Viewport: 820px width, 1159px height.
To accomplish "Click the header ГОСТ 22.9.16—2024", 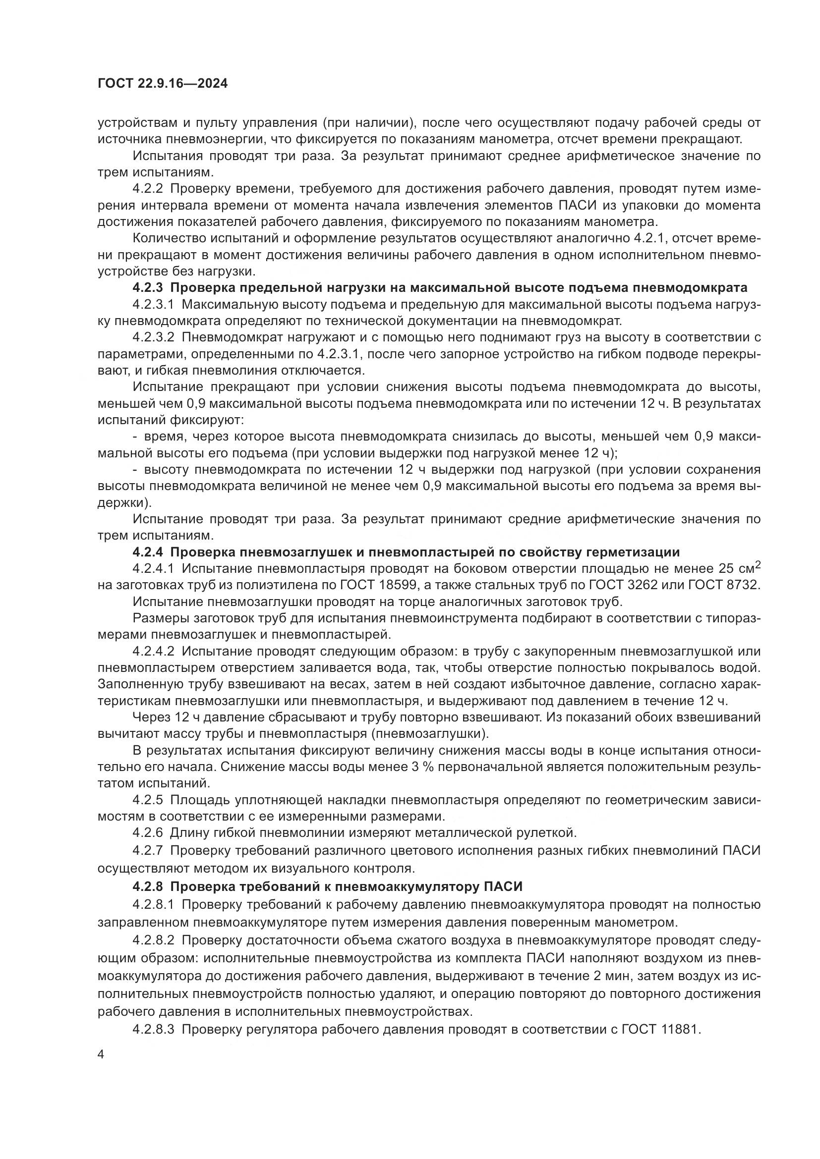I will pyautogui.click(x=163, y=83).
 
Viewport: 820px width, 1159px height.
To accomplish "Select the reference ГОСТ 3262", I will pyautogui.click(x=626, y=585).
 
